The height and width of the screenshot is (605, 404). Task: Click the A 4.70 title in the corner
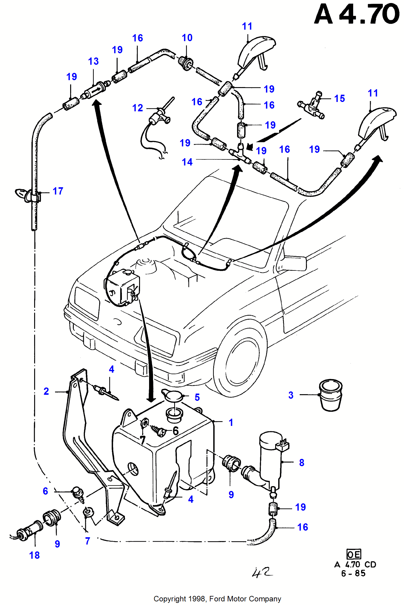pos(357,14)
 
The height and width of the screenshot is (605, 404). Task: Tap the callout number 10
pos(187,38)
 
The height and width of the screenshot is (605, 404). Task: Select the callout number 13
pos(93,61)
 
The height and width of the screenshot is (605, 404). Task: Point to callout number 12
pos(138,108)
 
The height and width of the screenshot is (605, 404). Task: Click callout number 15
pos(340,99)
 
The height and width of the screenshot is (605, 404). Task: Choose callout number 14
pos(187,162)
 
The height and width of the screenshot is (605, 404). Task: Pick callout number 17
pos(58,191)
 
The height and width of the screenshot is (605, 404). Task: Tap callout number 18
pos(34,555)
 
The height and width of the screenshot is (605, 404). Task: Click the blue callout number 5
pos(197,397)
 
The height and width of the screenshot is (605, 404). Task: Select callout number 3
pos(291,395)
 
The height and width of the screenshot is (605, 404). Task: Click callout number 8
pos(301,463)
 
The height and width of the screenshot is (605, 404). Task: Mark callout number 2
pos(46,391)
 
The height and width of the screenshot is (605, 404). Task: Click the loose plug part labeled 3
pos(331,395)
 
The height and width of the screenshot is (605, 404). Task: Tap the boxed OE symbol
pos(353,554)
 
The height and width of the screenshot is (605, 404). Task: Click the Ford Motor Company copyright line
pos(217,599)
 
